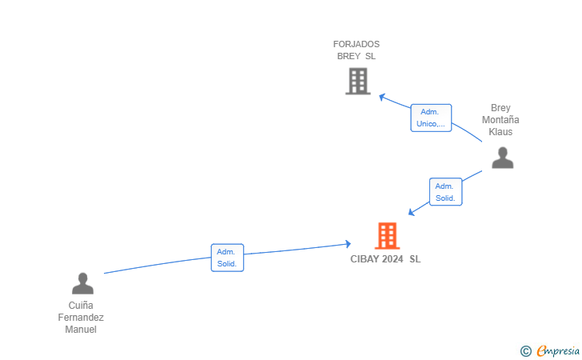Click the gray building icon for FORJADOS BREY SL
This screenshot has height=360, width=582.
[358, 81]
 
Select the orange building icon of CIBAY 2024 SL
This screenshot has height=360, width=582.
[387, 235]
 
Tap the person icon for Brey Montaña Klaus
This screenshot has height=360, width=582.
[503, 158]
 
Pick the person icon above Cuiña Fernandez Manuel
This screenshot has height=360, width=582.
[83, 283]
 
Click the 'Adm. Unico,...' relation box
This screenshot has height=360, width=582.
[431, 118]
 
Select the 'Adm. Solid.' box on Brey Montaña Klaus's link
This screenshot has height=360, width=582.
[445, 192]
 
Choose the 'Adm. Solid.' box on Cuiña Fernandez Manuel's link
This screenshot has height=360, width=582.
[227, 258]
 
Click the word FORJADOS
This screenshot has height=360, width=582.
[357, 44]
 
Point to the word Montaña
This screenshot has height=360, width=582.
[500, 120]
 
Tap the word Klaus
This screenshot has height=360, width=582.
[500, 132]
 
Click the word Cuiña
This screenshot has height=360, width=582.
[81, 306]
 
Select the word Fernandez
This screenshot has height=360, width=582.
[81, 318]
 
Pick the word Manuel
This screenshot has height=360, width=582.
[81, 330]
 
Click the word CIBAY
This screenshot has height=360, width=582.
[363, 259]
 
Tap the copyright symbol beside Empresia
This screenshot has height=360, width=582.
[526, 351]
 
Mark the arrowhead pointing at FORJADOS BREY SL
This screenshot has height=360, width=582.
[382, 98]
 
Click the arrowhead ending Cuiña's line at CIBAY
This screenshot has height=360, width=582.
[348, 244]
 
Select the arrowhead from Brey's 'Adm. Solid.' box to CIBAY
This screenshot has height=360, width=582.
[411, 212]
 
